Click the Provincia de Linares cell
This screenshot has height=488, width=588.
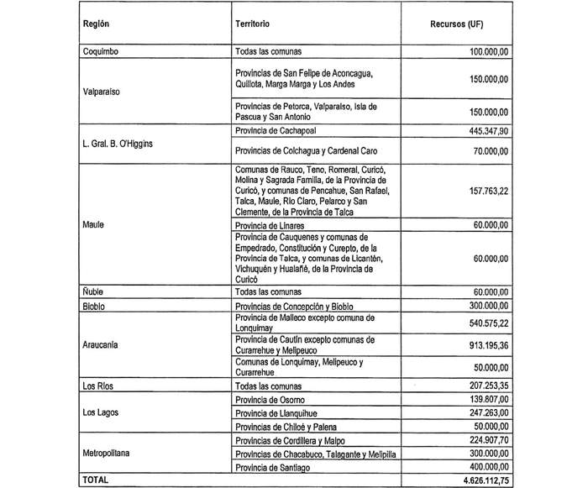(270, 227)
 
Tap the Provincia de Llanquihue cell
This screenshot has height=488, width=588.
(276, 412)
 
